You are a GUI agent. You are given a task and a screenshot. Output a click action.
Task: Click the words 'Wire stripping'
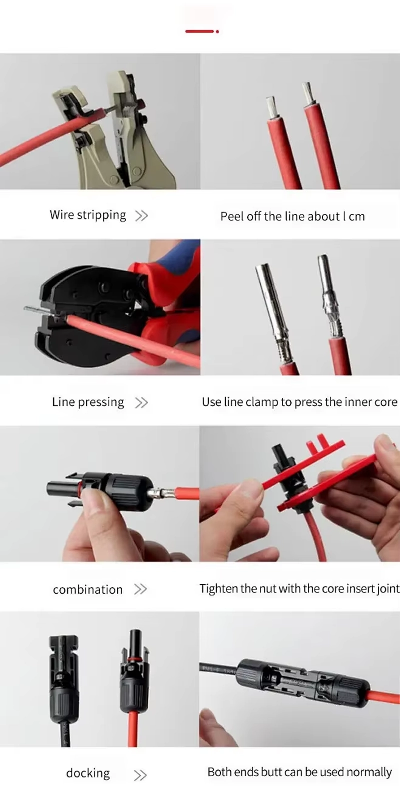click(88, 215)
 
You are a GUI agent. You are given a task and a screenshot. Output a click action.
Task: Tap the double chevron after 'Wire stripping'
click(141, 216)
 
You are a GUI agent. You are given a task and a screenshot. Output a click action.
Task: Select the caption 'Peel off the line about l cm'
click(292, 216)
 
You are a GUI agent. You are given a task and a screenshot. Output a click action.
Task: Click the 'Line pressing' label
click(88, 402)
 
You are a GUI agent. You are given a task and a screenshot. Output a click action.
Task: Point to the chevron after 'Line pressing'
click(141, 403)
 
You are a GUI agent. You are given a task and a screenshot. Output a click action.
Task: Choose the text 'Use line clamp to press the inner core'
click(300, 402)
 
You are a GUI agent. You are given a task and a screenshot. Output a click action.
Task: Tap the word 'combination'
click(88, 589)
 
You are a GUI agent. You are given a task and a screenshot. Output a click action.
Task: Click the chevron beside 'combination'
click(140, 589)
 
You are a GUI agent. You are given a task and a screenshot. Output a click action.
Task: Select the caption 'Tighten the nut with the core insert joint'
click(300, 589)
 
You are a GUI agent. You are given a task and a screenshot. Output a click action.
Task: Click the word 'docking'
click(88, 773)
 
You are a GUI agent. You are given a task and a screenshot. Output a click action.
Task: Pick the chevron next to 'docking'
click(140, 775)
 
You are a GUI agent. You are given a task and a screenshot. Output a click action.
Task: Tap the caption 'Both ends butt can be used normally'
click(300, 772)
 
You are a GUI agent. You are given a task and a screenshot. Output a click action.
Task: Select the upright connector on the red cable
click(134, 671)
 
